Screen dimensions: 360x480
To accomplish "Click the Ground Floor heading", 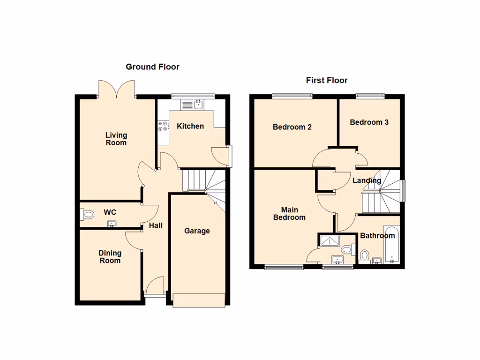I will (x=152, y=67).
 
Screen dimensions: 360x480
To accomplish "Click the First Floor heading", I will (x=327, y=80).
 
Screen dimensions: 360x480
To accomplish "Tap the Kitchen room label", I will (x=190, y=126).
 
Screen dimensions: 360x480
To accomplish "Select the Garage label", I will (x=197, y=231).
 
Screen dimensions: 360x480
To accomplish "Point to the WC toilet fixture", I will (x=87, y=215).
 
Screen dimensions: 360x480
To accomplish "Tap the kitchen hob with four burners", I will (x=163, y=126).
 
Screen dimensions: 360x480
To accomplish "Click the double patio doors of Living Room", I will (x=117, y=89).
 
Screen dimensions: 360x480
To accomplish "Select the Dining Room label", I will (x=110, y=257).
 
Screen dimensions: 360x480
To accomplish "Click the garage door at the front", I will (x=199, y=300).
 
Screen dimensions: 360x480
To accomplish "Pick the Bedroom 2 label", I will (x=292, y=127).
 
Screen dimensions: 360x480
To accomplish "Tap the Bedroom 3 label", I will (x=369, y=122).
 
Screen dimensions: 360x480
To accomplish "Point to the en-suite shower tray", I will (x=331, y=241).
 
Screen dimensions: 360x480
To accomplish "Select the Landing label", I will (x=367, y=180).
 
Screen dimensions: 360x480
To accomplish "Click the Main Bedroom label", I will (x=290, y=214).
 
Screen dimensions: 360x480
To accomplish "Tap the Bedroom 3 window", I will (x=370, y=97).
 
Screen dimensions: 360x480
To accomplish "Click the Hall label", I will (x=156, y=226).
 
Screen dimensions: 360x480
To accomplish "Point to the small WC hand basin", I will (x=112, y=224).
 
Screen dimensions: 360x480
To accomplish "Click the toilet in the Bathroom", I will (x=365, y=256).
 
